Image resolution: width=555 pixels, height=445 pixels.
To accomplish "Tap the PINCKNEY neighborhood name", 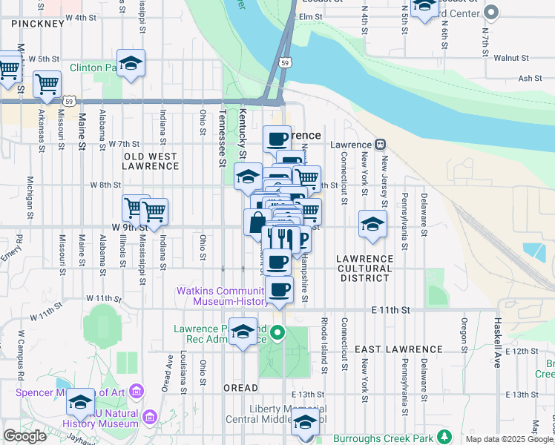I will pyautogui.click(x=38, y=24).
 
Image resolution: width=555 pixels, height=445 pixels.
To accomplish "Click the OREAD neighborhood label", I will pyautogui.click(x=240, y=388).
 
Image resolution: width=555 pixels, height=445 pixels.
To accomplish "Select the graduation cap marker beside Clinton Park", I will pyautogui.click(x=131, y=64).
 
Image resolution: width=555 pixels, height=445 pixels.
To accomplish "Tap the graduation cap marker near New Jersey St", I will pyautogui.click(x=372, y=223).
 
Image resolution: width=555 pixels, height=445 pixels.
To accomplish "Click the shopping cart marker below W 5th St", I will pyautogui.click(x=47, y=84).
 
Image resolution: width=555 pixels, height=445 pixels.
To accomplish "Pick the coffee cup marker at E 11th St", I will pyautogui.click(x=279, y=289).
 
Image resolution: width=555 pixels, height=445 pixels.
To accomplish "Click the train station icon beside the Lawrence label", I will pyautogui.click(x=379, y=145).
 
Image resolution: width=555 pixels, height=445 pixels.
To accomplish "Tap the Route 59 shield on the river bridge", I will pyautogui.click(x=284, y=64).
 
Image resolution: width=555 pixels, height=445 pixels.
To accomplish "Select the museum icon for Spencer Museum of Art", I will pyautogui.click(x=136, y=391).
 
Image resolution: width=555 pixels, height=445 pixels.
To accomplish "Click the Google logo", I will pyautogui.click(x=24, y=436).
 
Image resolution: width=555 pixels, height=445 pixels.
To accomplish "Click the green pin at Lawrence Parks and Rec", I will pyautogui.click(x=277, y=332).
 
